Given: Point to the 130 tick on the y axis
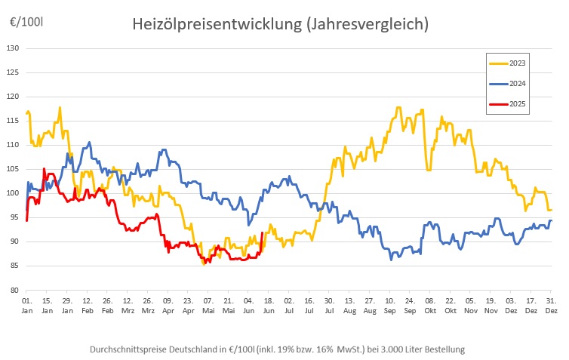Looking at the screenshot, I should click(13, 48).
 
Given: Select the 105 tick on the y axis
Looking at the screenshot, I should click(13, 169).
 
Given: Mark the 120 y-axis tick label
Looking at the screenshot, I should click(13, 97).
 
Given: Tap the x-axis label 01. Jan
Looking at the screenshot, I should click(26, 306).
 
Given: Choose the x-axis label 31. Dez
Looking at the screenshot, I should click(551, 306).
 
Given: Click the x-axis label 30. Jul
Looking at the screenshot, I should click(329, 306).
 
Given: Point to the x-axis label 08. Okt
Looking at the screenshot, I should click(430, 306).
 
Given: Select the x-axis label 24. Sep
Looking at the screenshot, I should click(410, 306).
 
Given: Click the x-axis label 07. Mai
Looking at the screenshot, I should click(208, 306).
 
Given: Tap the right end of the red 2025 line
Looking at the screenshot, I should click(262, 233).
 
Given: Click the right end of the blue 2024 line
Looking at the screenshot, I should click(551, 220).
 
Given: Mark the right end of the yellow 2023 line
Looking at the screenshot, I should click(551, 210).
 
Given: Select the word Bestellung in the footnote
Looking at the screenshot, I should click(441, 349).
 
